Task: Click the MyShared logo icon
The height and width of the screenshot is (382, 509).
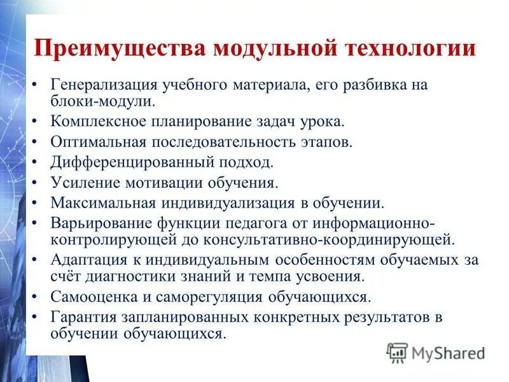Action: [397, 353]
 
